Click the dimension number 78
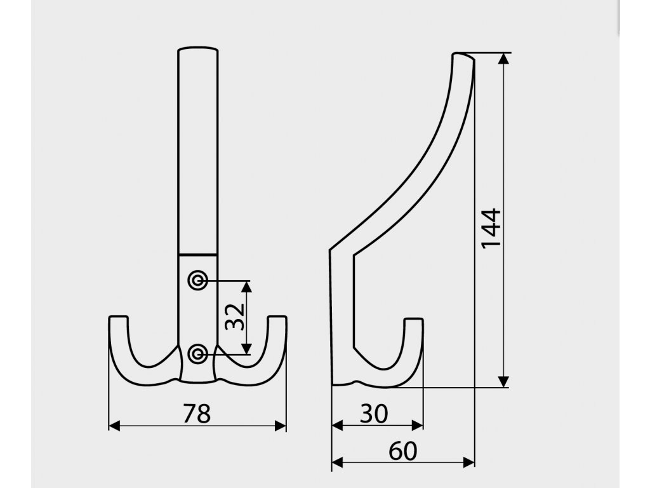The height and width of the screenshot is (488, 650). [197, 413]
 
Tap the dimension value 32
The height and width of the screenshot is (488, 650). [235, 316]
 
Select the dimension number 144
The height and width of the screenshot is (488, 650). [492, 229]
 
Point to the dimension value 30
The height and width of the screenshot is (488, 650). [374, 413]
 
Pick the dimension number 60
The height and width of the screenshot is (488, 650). [403, 451]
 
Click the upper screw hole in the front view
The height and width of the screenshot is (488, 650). [198, 281]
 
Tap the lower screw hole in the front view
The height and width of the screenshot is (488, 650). [198, 354]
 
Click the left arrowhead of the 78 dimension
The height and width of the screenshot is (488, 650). [114, 426]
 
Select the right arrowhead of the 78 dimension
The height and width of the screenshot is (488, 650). [280, 426]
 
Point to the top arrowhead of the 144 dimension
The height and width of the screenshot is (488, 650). [503, 59]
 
